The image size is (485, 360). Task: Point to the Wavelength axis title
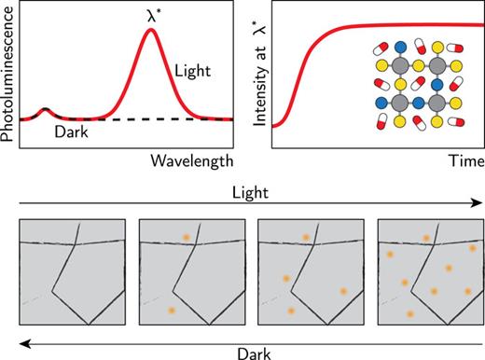pos(192,161)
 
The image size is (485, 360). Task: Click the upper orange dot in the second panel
pos(186,239)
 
